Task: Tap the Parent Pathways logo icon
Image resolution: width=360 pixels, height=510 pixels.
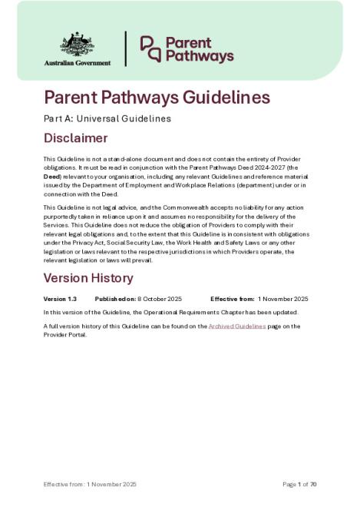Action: tap(150, 48)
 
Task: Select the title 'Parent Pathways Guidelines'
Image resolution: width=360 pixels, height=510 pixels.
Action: tap(157, 98)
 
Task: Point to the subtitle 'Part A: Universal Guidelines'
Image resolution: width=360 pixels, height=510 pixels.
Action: tap(107, 119)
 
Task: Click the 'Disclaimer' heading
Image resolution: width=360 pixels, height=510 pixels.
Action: tap(75, 139)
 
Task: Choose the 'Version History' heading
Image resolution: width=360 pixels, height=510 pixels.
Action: tap(88, 278)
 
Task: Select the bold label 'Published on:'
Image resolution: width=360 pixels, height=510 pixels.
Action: tap(115, 299)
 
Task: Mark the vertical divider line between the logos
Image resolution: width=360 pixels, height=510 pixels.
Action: tap(126, 48)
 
